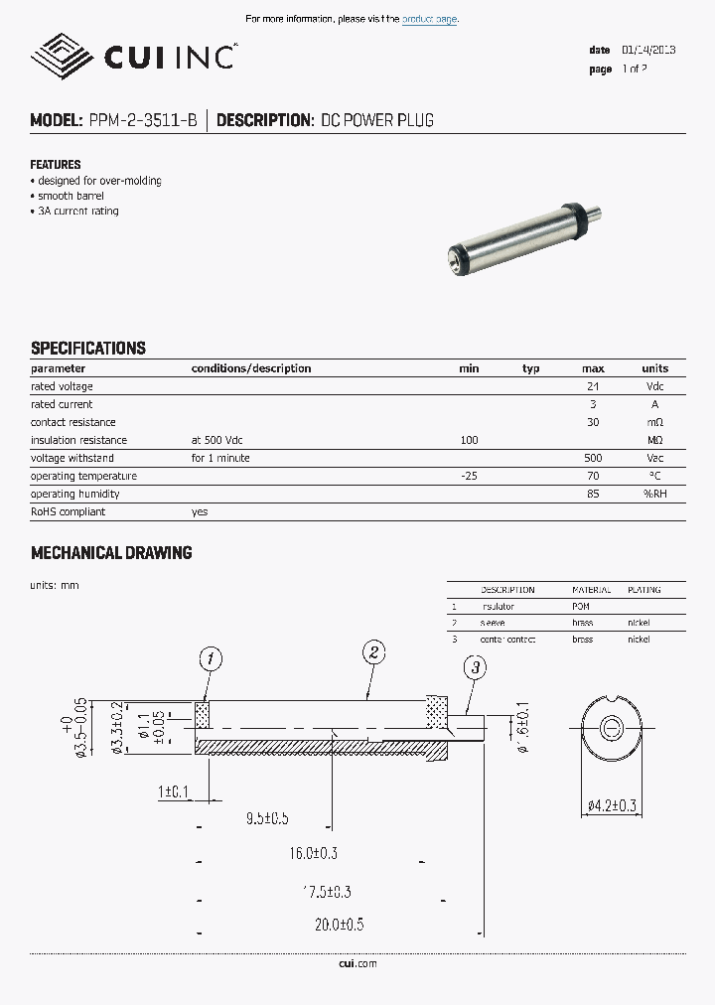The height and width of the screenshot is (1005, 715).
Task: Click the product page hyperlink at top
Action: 430,19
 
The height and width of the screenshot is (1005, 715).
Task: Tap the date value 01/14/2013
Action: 648,50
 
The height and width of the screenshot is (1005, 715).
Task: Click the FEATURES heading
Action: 56,165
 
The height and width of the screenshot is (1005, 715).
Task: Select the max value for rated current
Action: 593,404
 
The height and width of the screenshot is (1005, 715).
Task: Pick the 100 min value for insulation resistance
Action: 469,440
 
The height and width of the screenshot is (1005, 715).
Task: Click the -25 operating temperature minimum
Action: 469,476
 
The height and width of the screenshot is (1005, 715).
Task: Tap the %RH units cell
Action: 654,494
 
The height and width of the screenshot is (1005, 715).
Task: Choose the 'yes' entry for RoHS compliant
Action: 200,511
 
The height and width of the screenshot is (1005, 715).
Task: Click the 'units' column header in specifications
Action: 654,368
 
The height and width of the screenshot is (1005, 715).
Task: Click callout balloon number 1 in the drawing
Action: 210,657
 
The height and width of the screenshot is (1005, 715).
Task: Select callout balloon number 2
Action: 373,652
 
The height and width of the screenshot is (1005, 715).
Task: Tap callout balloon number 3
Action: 476,668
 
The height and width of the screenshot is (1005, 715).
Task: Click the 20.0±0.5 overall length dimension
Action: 340,924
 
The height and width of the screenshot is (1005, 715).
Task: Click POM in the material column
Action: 581,606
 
